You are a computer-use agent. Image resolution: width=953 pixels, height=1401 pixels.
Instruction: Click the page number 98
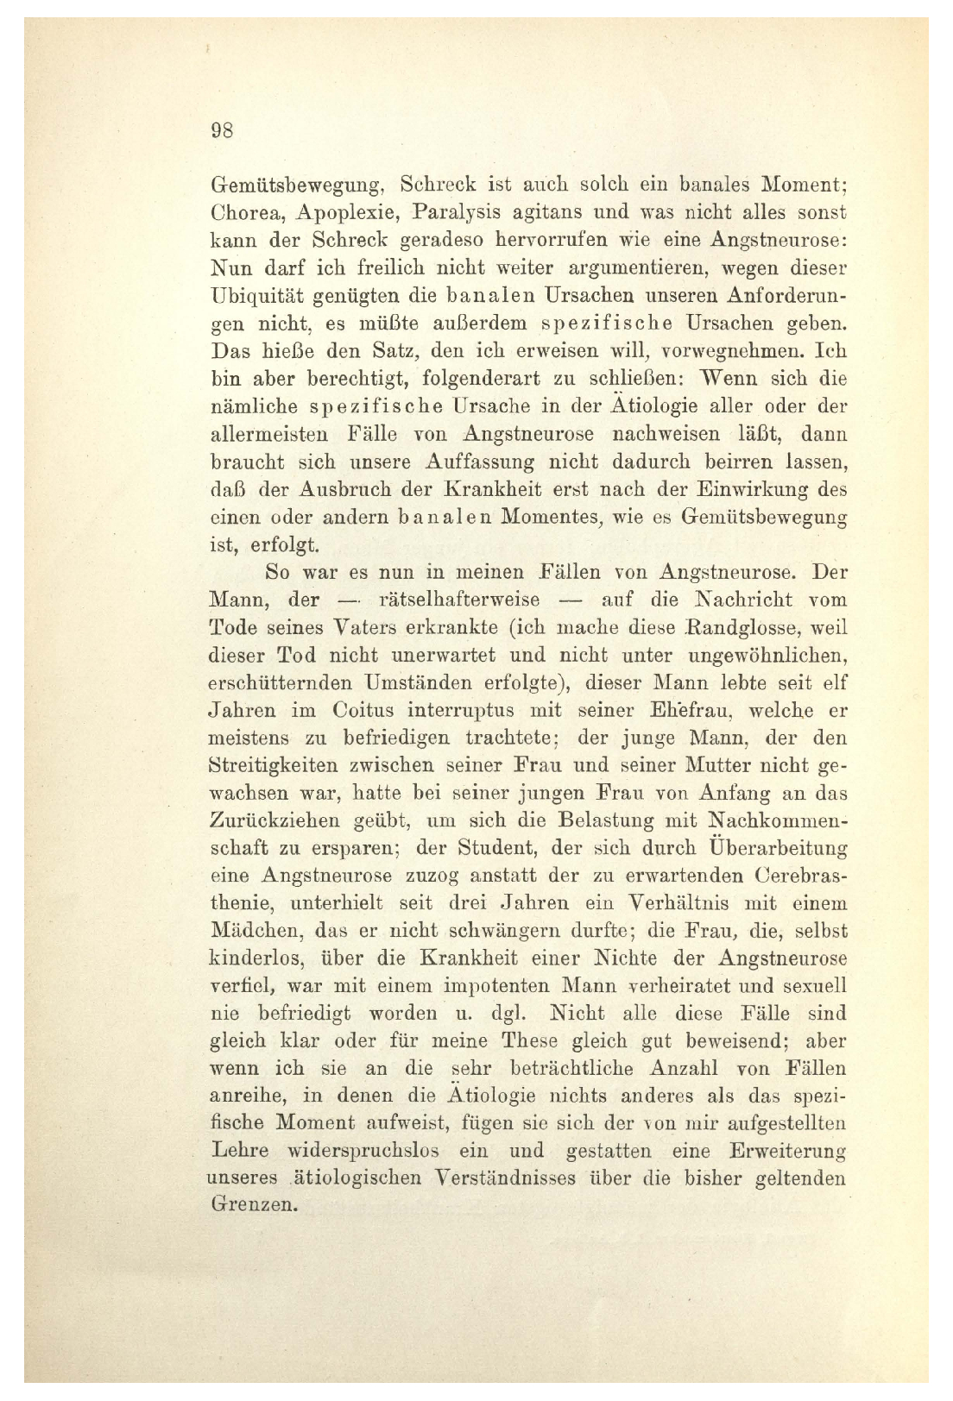[222, 131]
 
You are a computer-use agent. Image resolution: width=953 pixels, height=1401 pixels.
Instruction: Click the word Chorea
[244, 211]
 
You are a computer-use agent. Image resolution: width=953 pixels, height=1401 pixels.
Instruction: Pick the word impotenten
[492, 986]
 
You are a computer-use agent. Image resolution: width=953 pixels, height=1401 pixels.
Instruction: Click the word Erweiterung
[787, 1151]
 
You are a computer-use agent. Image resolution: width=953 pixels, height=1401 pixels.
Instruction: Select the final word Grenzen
[254, 1206]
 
